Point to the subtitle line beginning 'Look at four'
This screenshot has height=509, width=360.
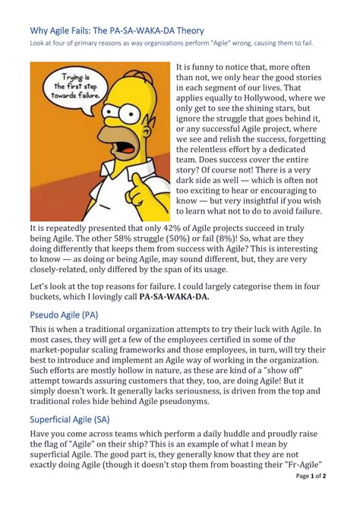click(170, 45)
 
